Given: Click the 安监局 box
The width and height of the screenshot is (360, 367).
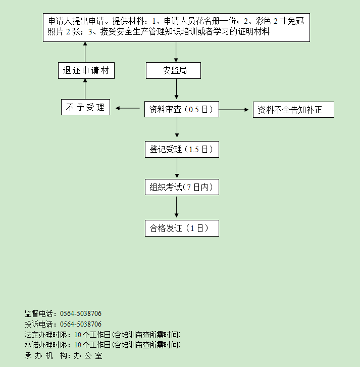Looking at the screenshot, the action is pos(173,70).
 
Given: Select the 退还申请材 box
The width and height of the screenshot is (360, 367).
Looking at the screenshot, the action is pos(86,70).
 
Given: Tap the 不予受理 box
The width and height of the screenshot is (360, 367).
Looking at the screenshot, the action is pos(85,107).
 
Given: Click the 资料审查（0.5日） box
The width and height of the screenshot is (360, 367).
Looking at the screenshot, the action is pos(182,109).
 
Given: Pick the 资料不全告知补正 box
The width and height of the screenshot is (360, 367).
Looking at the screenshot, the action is pos(293,110).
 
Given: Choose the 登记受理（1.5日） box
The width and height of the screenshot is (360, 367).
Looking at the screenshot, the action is pos(182,149).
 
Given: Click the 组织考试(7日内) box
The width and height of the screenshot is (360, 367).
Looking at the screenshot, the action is pos(182,187).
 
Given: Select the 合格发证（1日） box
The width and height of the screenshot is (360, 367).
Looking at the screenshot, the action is pos(182,228).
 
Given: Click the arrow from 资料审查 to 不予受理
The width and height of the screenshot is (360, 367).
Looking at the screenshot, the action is pos(128,108).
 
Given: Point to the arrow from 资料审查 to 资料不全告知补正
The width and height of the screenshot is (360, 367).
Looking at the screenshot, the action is pos(234,110).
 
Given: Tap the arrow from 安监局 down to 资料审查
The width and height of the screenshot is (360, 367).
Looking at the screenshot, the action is pos(177,88).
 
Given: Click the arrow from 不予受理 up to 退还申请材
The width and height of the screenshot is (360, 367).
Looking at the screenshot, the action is pos(85,89).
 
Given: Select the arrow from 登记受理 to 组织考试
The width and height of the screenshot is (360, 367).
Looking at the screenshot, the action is pos(177,168).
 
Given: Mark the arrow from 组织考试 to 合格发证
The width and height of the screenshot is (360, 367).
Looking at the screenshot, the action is pos(177,207).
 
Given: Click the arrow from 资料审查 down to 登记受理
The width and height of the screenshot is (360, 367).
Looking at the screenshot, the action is pos(177,127).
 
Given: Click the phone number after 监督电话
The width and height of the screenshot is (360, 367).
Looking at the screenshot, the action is pos(81,313).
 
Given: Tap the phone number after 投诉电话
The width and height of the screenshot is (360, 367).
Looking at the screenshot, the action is pos(81,324).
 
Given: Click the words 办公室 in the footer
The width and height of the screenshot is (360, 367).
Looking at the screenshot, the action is pos(88,355).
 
